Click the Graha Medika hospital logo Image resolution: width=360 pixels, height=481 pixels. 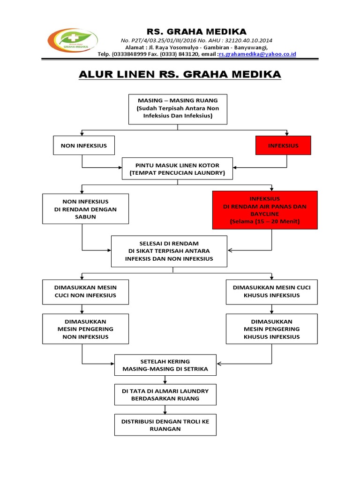click(73, 41)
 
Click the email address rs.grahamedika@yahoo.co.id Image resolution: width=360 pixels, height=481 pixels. click(257, 54)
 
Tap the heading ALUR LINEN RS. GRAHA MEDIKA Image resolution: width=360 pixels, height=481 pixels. click(179, 74)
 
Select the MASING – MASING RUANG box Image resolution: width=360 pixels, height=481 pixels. click(178, 109)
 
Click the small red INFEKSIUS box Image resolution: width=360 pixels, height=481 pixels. click(283, 146)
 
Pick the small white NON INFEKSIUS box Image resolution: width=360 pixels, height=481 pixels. click(84, 146)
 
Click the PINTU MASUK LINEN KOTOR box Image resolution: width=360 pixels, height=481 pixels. click(177, 169)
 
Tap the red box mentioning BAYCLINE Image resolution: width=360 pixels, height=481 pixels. click(265, 209)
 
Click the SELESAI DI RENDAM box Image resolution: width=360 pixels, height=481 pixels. click(169, 251)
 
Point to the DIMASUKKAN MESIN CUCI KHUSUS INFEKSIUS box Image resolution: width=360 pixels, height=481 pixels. click(271, 291)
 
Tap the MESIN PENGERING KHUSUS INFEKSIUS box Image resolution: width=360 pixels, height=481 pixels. click(271, 329)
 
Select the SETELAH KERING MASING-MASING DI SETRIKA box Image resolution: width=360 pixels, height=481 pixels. click(165, 365)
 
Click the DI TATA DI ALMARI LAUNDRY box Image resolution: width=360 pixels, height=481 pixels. click(165, 395)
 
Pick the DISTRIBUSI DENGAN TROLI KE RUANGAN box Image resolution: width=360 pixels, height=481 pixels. click(165, 425)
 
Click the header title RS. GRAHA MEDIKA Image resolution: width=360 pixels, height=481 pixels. click(197, 31)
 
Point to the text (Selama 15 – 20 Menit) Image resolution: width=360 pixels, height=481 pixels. click(265, 221)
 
